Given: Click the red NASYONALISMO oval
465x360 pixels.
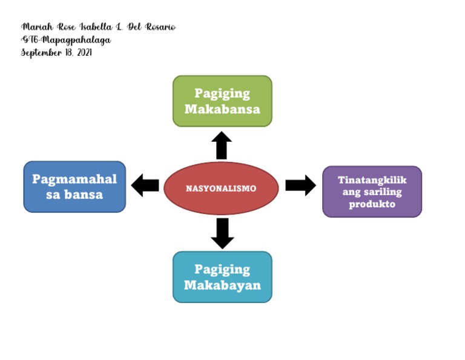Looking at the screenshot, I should (221, 188).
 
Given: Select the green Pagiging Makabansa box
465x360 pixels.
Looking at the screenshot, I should (222, 101).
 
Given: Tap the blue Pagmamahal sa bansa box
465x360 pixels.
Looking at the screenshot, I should (74, 187).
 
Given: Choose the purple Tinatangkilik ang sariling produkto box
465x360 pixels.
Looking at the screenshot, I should (372, 192).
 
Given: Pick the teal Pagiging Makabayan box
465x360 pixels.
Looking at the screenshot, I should (222, 277).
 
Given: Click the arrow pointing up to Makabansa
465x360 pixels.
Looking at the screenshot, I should (222, 145).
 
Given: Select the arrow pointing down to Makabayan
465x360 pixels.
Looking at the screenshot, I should (222, 233).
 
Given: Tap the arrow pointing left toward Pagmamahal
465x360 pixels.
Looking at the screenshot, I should (145, 185).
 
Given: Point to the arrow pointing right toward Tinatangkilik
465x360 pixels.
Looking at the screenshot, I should (300, 185).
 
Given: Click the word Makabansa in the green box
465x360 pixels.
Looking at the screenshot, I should (222, 110).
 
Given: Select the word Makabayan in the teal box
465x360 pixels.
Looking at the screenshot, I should (222, 285).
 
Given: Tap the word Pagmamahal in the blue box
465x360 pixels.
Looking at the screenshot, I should (74, 179).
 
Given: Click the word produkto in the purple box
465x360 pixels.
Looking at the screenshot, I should (372, 204).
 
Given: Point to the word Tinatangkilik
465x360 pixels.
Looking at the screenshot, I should (372, 180).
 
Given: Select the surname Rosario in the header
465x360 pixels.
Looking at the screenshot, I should (159, 27).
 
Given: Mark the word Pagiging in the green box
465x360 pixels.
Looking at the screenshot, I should (222, 93).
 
